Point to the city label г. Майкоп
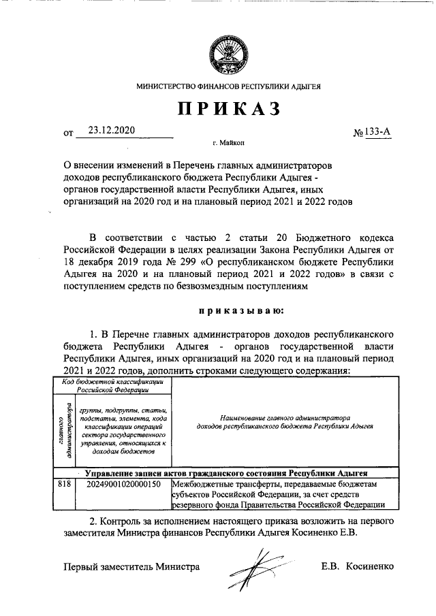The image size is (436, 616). (x=228, y=144)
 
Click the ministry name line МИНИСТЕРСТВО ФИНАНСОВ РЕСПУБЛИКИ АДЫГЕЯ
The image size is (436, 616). (x=229, y=87)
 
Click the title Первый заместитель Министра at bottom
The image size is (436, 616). (x=131, y=566)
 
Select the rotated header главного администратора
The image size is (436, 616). (x=65, y=429)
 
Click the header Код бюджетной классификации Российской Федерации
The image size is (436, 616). (x=112, y=386)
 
